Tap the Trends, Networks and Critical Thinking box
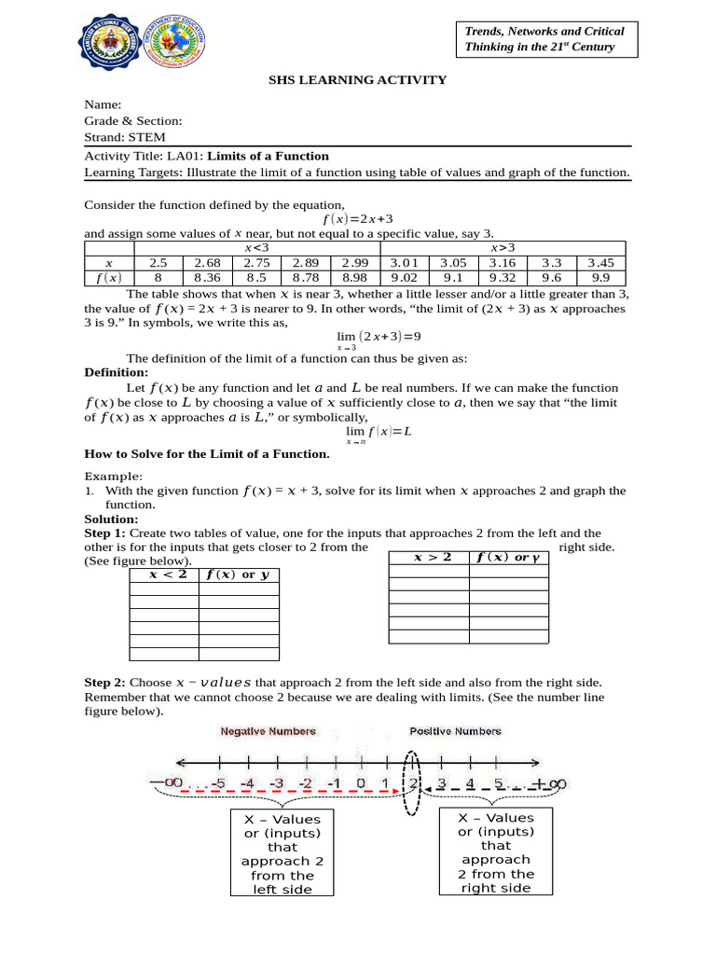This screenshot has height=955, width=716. coord(544,39)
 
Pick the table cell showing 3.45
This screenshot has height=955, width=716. coord(600,263)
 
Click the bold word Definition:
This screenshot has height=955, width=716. coord(109,372)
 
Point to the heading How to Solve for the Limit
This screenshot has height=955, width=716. coord(207,454)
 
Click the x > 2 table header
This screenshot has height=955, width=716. coord(429,557)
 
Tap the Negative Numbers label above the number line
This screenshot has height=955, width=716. coord(267,731)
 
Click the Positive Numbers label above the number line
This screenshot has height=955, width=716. coord(456,731)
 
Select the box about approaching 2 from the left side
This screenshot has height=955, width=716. coord(282,853)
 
